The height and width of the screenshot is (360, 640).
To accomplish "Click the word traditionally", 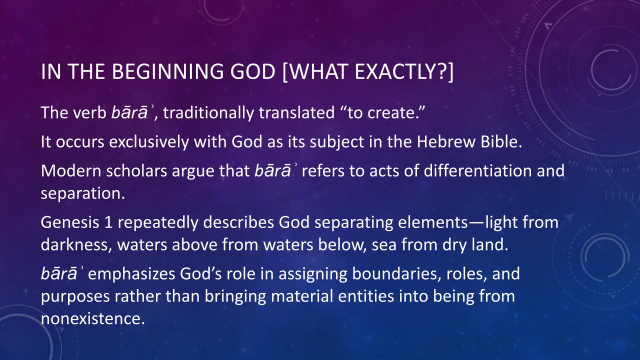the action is click(208, 113).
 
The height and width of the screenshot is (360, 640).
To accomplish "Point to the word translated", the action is click(296, 112).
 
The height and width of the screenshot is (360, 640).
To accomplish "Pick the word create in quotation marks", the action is click(391, 113).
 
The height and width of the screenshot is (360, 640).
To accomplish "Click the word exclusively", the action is click(149, 142).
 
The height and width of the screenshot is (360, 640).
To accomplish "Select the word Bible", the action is click(501, 141).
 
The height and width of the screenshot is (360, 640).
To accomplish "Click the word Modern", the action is click(71, 171).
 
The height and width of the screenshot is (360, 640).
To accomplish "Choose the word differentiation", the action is click(477, 171).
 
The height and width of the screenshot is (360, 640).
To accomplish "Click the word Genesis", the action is click(69, 222).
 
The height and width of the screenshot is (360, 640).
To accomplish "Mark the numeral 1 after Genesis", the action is click(108, 222).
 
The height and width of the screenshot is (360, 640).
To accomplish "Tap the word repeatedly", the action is click(158, 223).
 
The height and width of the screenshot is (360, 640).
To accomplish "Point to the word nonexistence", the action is click(93, 319).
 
